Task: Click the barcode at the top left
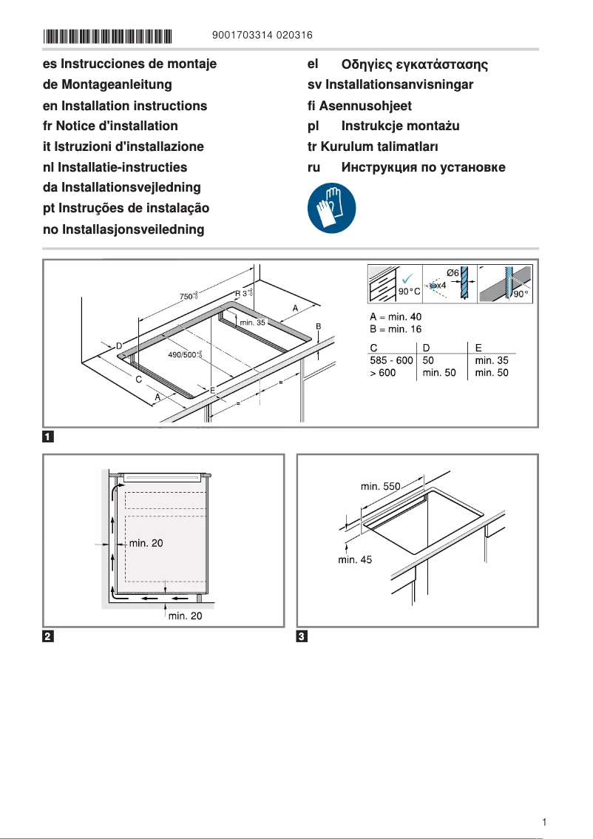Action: pos(108,36)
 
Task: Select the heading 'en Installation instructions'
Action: pos(125,106)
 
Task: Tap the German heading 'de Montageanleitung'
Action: pos(107,85)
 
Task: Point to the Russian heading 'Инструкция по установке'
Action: pos(423,167)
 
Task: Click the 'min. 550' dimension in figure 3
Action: pos(380,486)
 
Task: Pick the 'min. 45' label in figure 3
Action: pos(355,560)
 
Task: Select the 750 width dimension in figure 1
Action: pos(189,297)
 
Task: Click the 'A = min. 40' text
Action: pos(396,317)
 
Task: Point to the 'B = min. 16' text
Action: pos(396,330)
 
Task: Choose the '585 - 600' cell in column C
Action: pos(391,360)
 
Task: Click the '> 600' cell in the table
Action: pos(382,373)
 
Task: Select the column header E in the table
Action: pos(478,347)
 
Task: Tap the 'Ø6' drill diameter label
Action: pos(453,272)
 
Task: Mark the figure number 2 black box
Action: pos(47,636)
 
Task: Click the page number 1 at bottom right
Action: pos(544,822)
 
